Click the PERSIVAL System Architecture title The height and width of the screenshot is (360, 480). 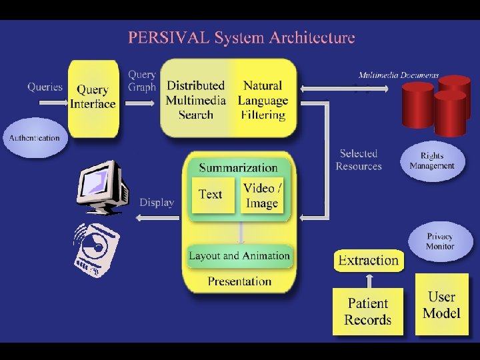point(241,37)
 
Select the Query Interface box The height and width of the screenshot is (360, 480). point(93,97)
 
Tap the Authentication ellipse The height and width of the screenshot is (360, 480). point(35,138)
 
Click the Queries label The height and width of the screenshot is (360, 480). point(45,87)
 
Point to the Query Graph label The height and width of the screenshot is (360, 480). point(142,81)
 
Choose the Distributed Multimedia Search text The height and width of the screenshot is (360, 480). point(195,100)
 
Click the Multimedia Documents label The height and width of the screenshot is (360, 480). point(399,75)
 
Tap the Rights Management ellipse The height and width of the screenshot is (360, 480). point(432,161)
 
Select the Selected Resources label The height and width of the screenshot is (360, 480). point(359,160)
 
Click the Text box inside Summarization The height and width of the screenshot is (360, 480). point(212,195)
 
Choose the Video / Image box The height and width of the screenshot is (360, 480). point(262,195)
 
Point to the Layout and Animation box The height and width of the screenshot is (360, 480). point(239,255)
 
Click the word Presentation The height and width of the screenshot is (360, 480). point(239,281)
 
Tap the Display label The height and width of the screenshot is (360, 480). point(157,202)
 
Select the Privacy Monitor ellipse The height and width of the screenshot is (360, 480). point(440,241)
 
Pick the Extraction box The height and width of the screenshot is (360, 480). point(369,260)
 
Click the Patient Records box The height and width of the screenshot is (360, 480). point(368,311)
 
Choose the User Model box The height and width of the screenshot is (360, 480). point(441,305)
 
